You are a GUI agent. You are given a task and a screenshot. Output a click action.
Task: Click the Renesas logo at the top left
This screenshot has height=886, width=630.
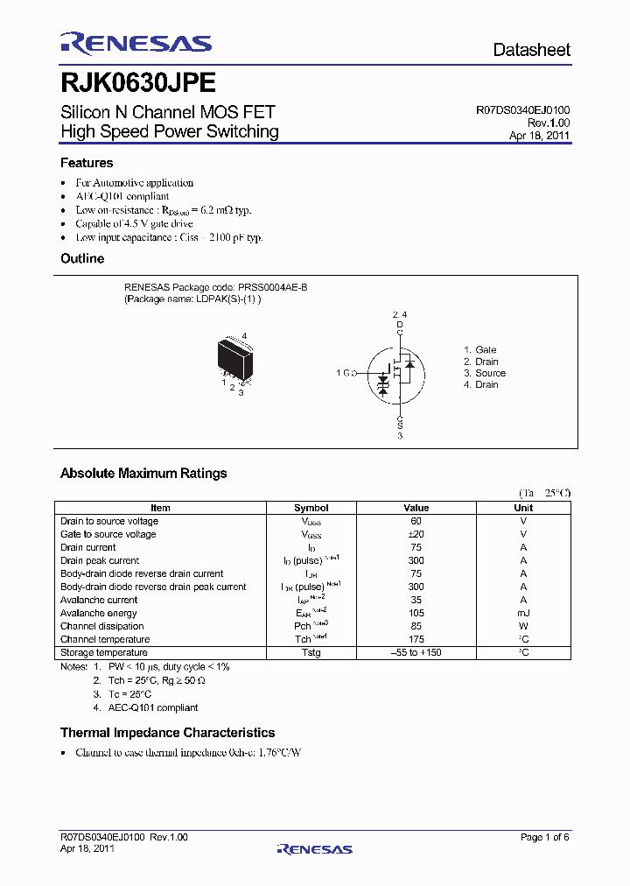click(136, 44)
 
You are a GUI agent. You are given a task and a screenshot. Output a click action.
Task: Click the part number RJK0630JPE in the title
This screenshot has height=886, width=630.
click(137, 82)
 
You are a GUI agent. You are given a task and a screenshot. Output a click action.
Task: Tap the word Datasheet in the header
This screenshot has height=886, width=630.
click(531, 50)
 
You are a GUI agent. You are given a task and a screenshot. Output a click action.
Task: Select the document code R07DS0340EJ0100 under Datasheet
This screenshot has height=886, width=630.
click(522, 110)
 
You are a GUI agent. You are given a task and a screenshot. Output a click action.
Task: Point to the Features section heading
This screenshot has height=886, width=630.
click(87, 163)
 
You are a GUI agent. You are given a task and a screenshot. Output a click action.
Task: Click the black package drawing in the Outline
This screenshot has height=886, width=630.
click(234, 359)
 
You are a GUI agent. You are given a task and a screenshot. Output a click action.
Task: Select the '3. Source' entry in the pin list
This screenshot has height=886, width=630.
click(485, 373)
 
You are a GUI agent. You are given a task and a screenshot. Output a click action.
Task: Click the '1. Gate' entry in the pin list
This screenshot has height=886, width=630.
click(479, 349)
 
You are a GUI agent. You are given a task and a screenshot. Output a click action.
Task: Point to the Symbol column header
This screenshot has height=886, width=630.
click(311, 508)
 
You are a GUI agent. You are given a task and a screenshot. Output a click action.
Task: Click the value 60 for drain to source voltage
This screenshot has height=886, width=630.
click(416, 521)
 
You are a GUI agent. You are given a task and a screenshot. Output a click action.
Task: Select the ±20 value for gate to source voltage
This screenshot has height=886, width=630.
click(416, 534)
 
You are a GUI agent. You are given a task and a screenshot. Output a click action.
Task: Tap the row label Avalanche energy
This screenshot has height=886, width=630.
click(100, 613)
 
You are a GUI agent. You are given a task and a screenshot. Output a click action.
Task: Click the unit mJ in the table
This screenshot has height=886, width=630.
click(523, 613)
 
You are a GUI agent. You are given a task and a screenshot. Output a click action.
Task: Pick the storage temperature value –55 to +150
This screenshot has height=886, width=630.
click(416, 652)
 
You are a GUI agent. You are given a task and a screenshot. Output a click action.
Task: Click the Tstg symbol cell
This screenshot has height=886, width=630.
click(311, 652)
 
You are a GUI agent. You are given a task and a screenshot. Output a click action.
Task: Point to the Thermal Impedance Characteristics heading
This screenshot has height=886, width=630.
click(167, 733)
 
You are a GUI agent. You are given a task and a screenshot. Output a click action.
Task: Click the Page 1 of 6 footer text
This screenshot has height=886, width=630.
click(544, 838)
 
